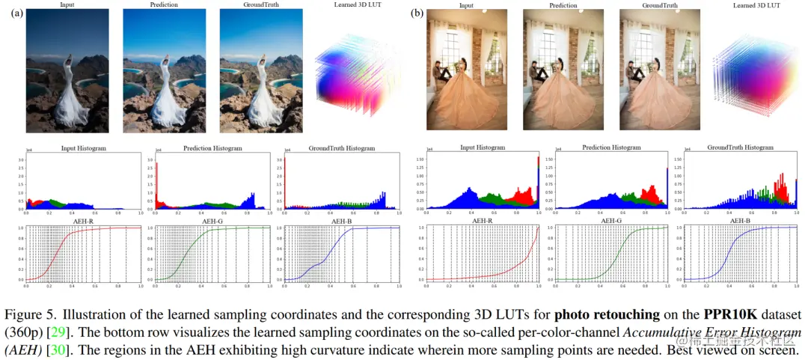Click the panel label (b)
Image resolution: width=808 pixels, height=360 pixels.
pyautogui.click(x=417, y=13)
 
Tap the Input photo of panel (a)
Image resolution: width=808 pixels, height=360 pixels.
pyautogui.click(x=67, y=72)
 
